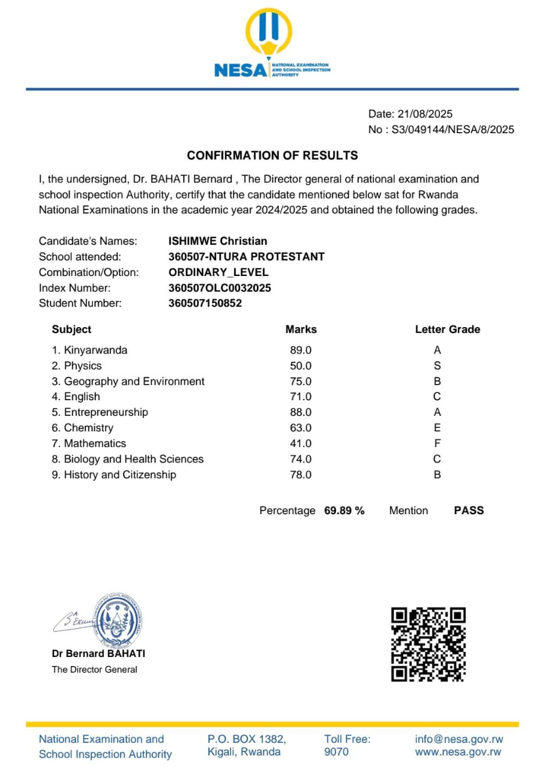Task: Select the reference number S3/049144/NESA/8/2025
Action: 453,130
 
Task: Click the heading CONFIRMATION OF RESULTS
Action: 272,155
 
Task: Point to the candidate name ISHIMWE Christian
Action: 218,241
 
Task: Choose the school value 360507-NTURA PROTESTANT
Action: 247,257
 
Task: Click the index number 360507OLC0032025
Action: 220,288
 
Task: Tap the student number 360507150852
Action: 205,304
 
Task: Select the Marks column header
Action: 301,329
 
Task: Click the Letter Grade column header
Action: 447,329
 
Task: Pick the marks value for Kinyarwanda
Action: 301,350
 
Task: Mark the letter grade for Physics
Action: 437,366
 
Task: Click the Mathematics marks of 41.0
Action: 301,444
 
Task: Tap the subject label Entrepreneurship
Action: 106,413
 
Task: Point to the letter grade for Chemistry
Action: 437,428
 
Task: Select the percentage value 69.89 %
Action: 344,511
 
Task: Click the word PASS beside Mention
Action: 469,511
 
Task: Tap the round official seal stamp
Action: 119,619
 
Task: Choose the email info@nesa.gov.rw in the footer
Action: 459,739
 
